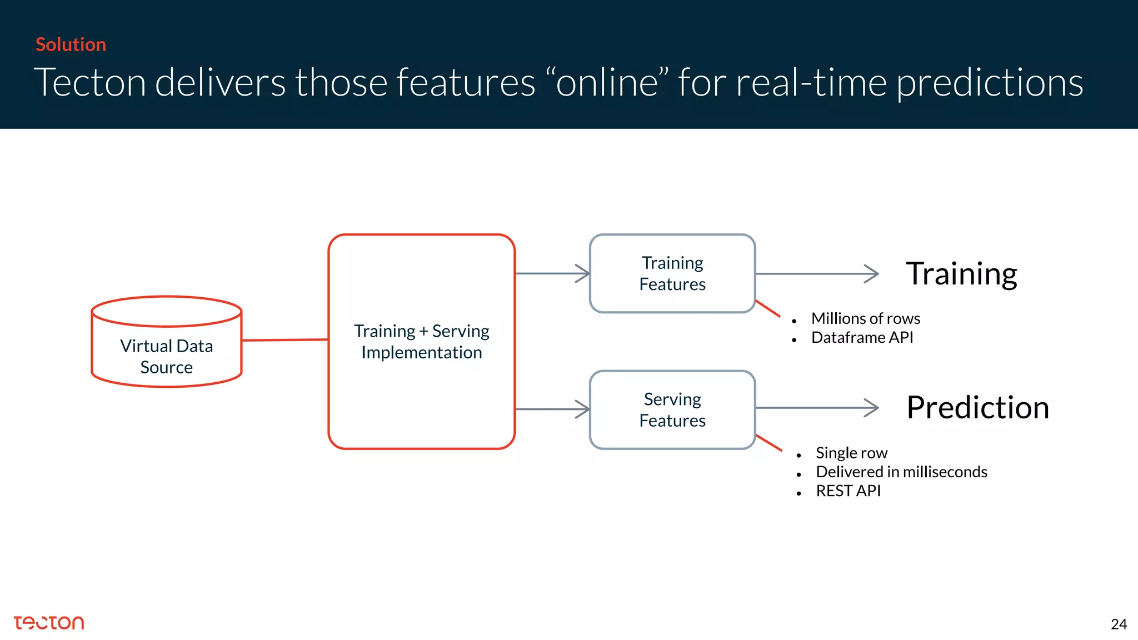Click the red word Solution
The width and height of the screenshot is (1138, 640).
[x=71, y=44]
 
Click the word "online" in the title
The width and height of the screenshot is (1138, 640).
[x=607, y=82]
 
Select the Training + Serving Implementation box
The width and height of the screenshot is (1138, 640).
[x=421, y=341]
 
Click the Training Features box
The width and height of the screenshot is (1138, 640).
[x=672, y=273]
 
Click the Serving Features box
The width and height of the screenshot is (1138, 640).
[x=672, y=409]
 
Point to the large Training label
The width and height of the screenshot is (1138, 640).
[x=961, y=273]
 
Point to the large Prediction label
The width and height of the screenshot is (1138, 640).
[x=977, y=407]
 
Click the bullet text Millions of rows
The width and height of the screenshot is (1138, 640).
[x=865, y=318]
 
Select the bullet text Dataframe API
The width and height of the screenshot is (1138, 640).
[x=862, y=337]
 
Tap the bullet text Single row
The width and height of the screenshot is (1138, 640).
[x=851, y=453]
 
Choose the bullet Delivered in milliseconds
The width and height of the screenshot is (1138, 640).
[x=901, y=472]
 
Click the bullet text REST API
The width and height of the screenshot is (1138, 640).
[x=848, y=491]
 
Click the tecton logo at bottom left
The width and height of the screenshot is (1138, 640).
[x=49, y=623]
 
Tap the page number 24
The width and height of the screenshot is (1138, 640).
[x=1118, y=624]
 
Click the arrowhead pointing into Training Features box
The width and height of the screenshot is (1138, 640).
[x=583, y=273]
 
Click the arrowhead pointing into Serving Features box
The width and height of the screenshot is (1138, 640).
[x=583, y=409]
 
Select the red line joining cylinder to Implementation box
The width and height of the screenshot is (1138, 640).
[x=284, y=340]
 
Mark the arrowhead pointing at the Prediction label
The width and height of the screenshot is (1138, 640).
[x=872, y=408]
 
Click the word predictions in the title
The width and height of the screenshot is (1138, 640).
[x=989, y=82]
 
